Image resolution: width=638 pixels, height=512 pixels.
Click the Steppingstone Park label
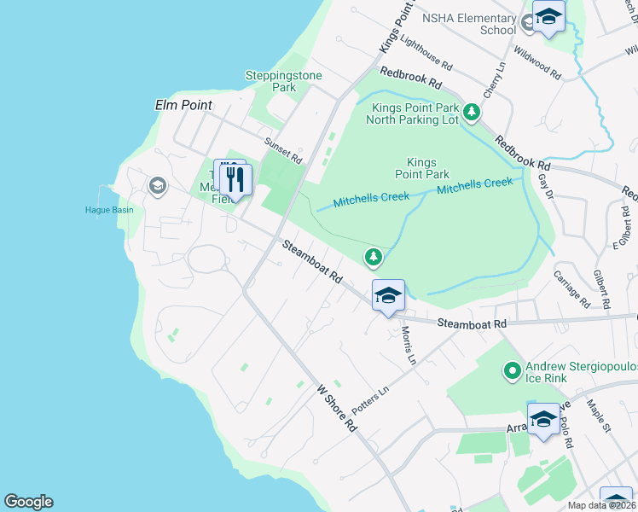tap(283, 81)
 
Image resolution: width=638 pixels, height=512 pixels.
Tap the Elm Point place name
tap(183, 105)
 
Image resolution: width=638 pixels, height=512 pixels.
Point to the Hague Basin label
tap(109, 210)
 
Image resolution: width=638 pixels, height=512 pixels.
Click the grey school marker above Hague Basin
tap(157, 185)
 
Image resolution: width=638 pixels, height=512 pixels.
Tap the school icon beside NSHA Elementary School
tap(548, 17)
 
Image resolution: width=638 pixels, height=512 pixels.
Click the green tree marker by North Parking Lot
tap(471, 112)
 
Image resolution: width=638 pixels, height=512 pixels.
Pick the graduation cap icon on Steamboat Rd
tap(388, 296)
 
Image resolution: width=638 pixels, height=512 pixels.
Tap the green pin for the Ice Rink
tap(512, 370)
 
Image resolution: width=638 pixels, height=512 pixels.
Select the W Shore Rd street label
tap(335, 408)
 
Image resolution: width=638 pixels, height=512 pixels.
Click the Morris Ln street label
tap(407, 346)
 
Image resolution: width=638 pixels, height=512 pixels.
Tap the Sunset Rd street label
tap(283, 152)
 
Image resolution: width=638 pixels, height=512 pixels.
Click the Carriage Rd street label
tap(571, 291)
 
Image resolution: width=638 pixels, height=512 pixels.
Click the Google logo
tap(28, 502)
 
